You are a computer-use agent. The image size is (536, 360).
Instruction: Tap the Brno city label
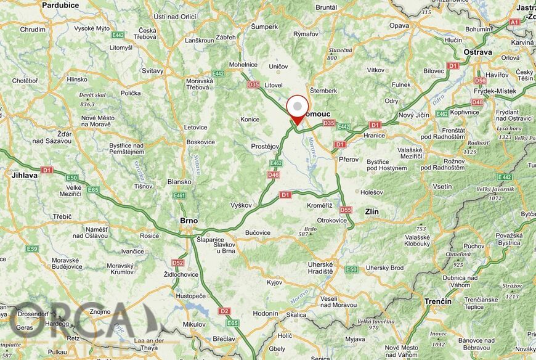(188, 220)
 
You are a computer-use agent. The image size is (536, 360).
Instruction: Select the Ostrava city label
(478, 52)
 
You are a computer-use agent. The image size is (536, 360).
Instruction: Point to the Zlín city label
(372, 211)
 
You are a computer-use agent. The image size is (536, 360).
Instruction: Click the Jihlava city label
(25, 175)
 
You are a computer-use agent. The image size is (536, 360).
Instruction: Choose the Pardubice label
(60, 5)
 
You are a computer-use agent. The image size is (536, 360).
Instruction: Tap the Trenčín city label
(437, 301)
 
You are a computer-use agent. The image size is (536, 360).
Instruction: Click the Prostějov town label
(266, 146)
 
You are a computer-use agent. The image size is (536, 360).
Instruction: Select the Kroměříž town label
(320, 205)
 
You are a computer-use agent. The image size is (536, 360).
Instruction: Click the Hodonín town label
(266, 313)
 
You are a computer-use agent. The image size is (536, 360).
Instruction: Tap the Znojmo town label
(99, 311)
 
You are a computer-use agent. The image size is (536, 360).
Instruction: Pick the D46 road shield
(274, 175)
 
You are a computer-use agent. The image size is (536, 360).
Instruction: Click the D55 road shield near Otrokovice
(346, 210)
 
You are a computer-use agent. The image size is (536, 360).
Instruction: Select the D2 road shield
(224, 311)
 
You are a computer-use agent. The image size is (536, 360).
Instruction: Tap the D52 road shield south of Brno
(178, 262)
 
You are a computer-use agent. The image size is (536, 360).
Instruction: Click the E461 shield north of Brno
(179, 195)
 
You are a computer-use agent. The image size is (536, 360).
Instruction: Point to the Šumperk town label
(265, 27)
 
